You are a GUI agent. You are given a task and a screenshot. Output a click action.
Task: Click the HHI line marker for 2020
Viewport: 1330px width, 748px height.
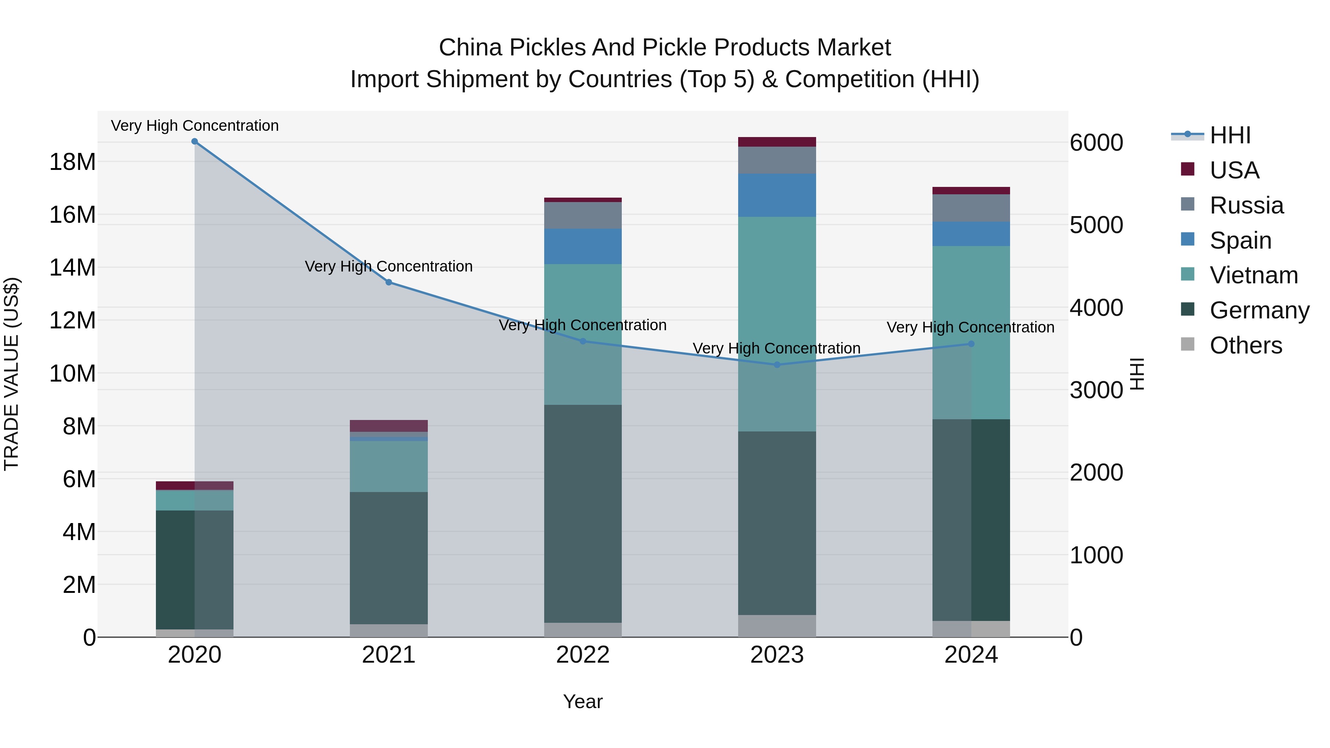195,141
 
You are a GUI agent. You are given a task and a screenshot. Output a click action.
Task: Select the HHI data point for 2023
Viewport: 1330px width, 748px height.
777,365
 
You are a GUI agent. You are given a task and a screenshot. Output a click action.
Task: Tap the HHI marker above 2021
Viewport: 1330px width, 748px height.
389,282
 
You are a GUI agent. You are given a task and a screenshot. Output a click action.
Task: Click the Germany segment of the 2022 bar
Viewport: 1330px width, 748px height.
583,514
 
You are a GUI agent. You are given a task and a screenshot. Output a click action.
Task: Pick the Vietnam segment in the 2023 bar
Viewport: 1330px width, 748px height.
777,324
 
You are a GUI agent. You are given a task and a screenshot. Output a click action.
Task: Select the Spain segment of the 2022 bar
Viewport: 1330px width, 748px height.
583,246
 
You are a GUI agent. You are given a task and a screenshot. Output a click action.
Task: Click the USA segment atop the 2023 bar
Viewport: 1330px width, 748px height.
777,142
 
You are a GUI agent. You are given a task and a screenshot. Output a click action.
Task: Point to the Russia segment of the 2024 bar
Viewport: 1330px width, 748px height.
971,208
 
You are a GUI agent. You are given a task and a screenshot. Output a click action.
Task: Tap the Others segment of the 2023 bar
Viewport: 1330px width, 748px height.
777,626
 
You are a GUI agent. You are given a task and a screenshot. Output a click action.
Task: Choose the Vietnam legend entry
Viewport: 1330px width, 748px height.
1253,275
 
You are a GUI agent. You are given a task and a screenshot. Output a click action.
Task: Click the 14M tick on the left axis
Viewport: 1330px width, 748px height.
72,268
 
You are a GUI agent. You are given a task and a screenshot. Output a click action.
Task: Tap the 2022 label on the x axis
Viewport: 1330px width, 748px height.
583,655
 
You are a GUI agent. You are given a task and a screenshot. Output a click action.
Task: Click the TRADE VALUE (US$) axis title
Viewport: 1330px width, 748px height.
11,374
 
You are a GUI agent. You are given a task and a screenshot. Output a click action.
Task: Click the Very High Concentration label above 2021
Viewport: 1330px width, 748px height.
389,266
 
